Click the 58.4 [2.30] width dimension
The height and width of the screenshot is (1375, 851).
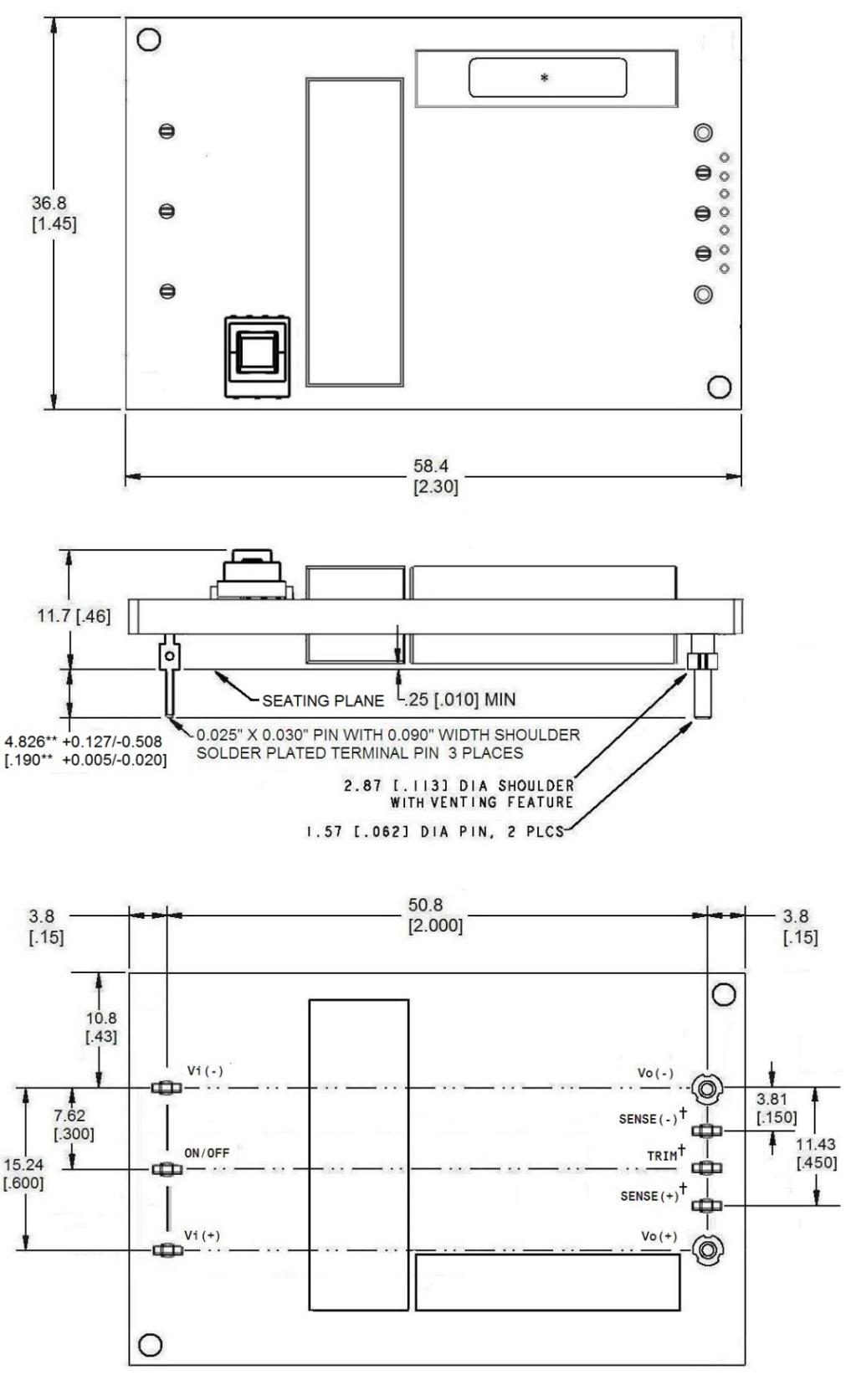[435, 476]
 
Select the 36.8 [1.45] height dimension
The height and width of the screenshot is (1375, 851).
[54, 213]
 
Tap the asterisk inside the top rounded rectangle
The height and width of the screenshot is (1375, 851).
[545, 78]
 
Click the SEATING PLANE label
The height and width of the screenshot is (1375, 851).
[323, 700]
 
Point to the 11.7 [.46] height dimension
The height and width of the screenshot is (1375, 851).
[74, 616]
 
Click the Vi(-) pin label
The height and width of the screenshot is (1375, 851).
[205, 1071]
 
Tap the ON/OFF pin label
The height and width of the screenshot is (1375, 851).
[207, 1152]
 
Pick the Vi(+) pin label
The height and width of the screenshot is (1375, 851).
[203, 1235]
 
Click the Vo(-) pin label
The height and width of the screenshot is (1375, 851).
[655, 1073]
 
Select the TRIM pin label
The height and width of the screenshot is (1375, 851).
[663, 1156]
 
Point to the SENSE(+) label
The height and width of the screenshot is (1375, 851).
[650, 1196]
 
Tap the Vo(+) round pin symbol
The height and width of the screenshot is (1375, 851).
[708, 1249]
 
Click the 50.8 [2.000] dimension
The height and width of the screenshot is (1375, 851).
[435, 916]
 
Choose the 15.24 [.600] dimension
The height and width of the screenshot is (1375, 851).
[23, 1173]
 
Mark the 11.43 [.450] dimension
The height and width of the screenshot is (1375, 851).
[816, 1152]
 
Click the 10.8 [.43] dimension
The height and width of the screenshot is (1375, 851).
[101, 1027]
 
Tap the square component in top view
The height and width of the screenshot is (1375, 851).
[258, 356]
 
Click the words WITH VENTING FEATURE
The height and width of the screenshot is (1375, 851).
[481, 803]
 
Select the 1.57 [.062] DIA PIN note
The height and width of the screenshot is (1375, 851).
[434, 832]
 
